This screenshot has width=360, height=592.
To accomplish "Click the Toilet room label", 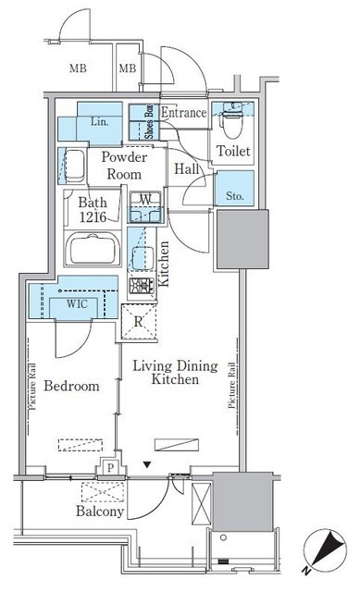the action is pos(233,151).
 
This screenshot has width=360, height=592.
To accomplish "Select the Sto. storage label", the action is pos(234,196).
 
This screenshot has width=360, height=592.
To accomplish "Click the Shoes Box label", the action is pos(149,121).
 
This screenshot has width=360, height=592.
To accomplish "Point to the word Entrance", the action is pos(183,112).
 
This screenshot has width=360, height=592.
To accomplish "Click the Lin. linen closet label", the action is pos(99,122).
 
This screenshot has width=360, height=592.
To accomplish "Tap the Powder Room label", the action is pos(124,166).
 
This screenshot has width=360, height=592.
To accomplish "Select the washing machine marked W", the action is pos(145,207).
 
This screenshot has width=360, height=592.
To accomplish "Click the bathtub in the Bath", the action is pos(93,249).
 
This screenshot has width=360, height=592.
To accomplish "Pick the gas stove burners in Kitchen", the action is pos(142,286).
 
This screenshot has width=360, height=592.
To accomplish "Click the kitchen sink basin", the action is pos(143,258).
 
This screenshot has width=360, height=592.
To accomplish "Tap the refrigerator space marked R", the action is pos(139,322).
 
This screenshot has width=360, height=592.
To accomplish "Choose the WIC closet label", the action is pos(77,304).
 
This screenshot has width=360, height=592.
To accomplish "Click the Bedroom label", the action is pos(72,386).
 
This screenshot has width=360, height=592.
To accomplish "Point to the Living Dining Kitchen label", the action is pos(175,372).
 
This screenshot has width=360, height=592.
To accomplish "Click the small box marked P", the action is pos(110,468).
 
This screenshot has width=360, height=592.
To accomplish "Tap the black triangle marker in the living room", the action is pos(147,464).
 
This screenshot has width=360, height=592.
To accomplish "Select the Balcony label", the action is pos(100,511).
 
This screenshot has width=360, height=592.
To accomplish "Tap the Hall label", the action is pos(187,168).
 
